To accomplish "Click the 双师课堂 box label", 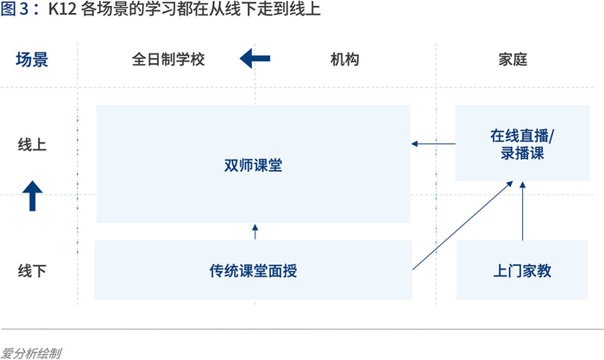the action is click(253, 166).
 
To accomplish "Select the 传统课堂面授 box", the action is click(253, 270).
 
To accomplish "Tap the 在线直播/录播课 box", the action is click(522, 143).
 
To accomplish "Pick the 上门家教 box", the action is click(522, 270).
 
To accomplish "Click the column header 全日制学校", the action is click(168, 60).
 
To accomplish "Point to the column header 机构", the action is click(345, 60).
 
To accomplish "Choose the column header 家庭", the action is click(513, 60).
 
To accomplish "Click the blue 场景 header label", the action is click(32, 60).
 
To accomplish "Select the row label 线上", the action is click(32, 144).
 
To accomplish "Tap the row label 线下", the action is click(32, 270).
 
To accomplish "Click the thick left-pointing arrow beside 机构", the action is click(255, 59).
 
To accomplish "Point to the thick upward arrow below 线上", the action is click(33, 196).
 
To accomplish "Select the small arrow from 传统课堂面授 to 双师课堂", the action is click(255, 231).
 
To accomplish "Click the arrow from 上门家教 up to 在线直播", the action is click(522, 212).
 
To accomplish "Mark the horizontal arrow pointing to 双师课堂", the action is click(433, 144).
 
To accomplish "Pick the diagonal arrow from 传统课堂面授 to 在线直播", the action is click(462, 225).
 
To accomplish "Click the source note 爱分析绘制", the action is click(31, 353).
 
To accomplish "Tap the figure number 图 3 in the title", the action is click(15, 9).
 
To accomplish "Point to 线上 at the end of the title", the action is click(305, 9).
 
